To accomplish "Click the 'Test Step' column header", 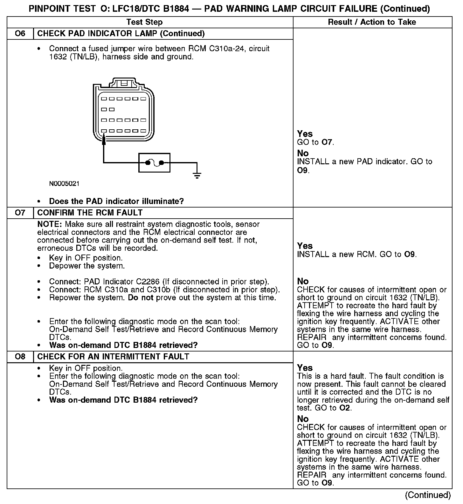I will tap(144, 22).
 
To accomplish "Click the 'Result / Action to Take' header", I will tap(372, 22).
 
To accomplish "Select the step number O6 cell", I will tap(20, 33).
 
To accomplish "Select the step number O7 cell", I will tap(20, 213).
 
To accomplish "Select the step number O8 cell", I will tap(20, 357).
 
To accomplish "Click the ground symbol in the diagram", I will tap(197, 174).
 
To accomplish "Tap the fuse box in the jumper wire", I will tap(154, 163).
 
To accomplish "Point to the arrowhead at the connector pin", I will tap(104, 140).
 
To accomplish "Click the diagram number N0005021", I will tap(64, 184).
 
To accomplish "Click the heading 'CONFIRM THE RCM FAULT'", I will tap(90, 213).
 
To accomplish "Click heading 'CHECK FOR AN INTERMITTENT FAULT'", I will tap(113, 357).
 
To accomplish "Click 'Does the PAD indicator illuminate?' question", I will tap(116, 201).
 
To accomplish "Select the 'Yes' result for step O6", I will tap(305, 134).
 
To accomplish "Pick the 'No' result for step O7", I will tap(303, 281).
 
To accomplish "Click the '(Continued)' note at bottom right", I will tap(428, 495).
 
